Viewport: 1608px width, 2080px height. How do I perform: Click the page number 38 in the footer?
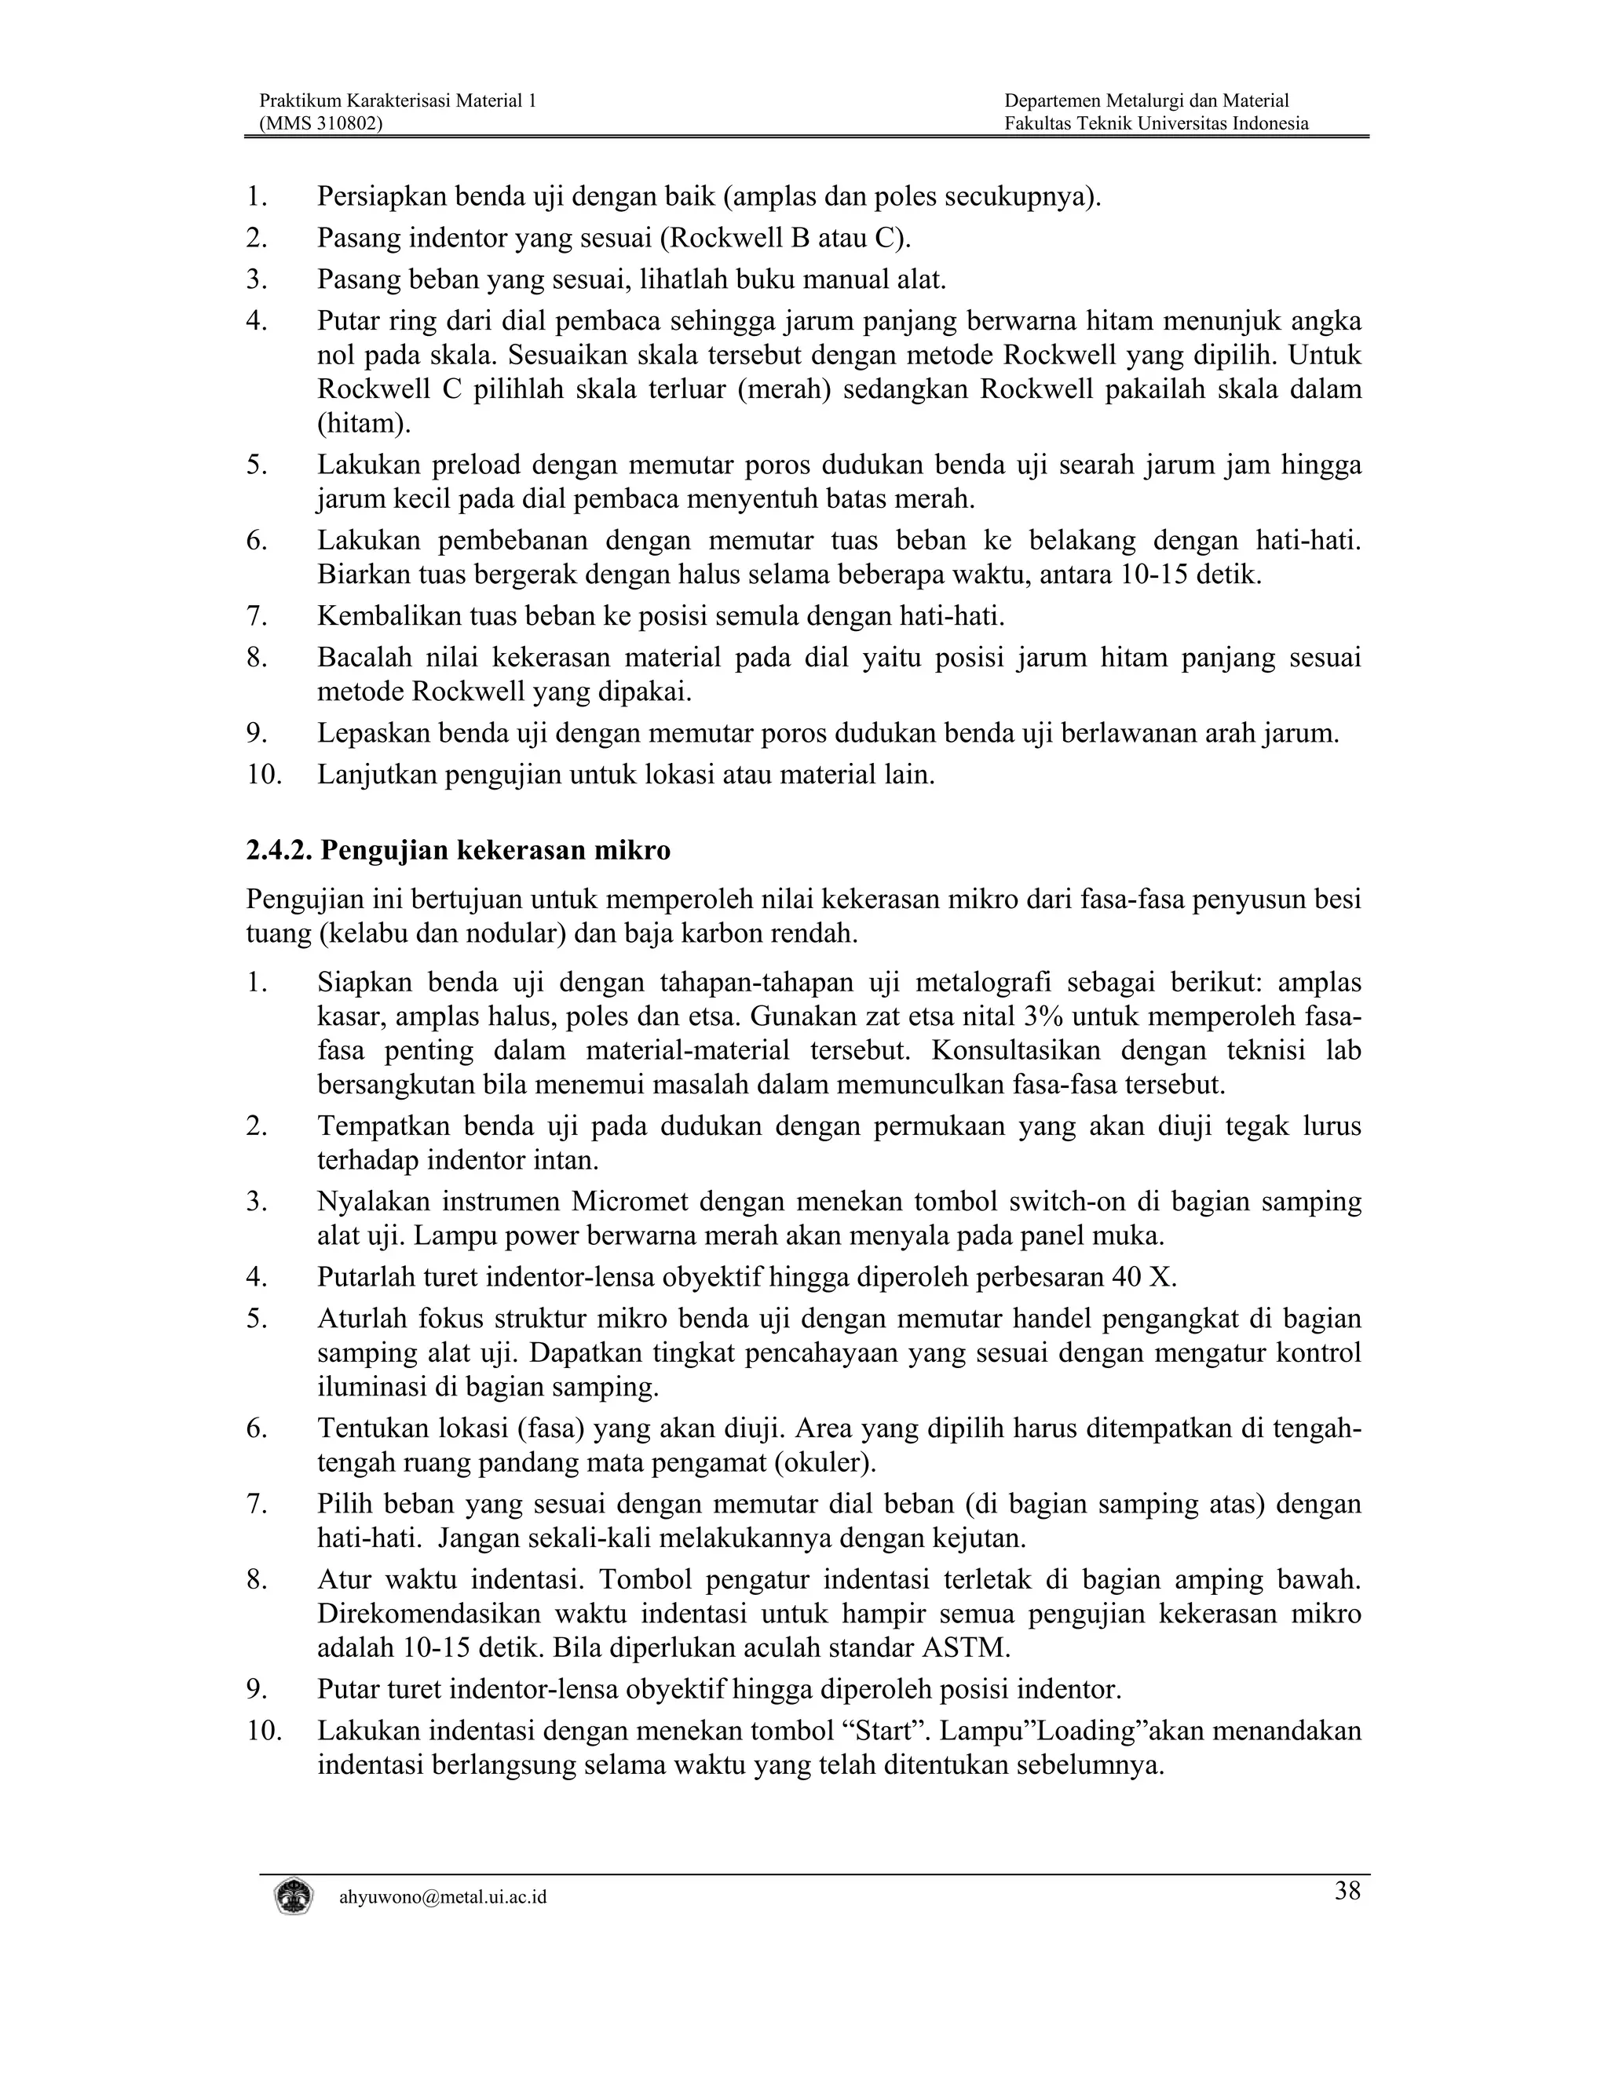1347,1892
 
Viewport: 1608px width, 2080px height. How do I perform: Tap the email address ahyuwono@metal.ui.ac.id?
443,1897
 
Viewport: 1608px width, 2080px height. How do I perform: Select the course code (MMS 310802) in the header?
321,123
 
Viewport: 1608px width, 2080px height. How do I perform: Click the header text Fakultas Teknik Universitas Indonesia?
1156,123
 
